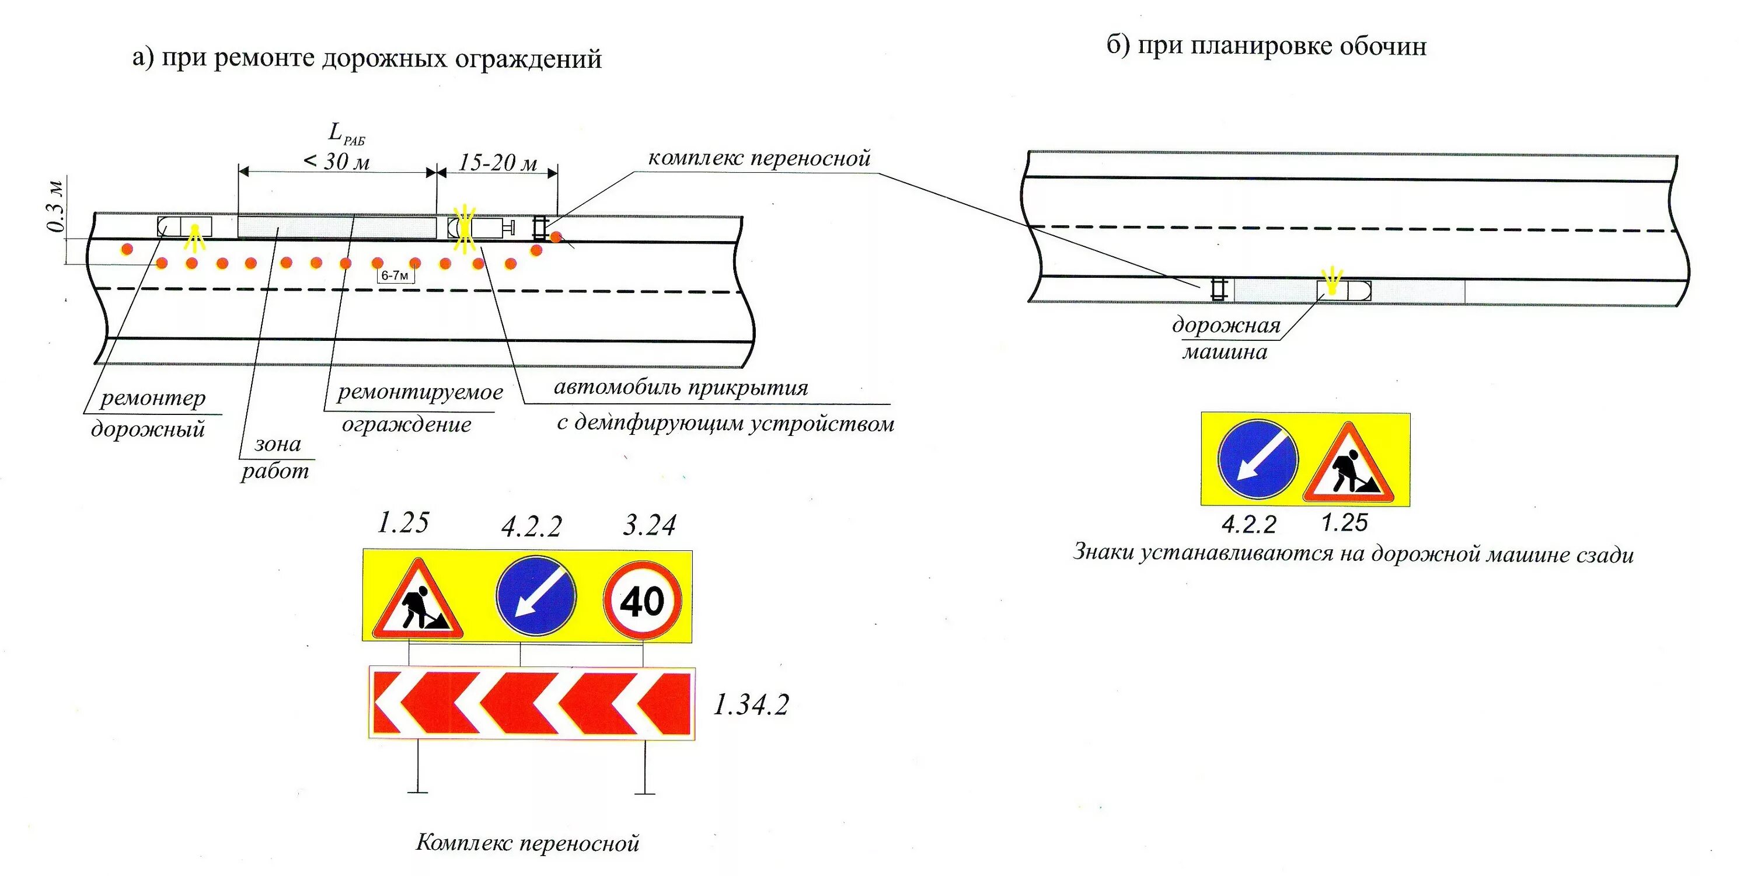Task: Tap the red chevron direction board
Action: (x=532, y=703)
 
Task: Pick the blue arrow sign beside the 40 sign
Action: (x=536, y=595)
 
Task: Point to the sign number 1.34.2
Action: (x=751, y=706)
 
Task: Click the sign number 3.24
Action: (x=649, y=525)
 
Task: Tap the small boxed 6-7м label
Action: (x=395, y=275)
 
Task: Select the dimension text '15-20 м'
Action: (x=497, y=162)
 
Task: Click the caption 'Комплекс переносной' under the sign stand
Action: (x=528, y=843)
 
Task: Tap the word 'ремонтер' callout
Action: (x=153, y=398)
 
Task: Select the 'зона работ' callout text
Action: (x=276, y=457)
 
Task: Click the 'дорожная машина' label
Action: (x=1226, y=338)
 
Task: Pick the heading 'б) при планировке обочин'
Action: (x=1265, y=46)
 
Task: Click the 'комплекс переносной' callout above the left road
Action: (x=759, y=158)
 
